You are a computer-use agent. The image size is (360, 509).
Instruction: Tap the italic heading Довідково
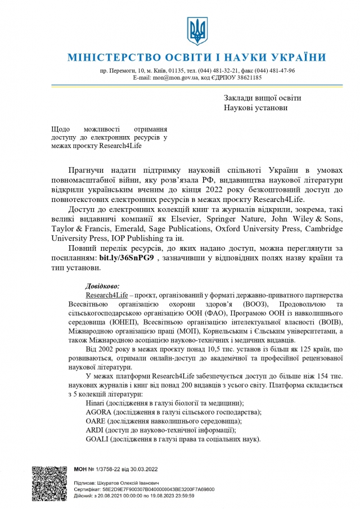(102, 286)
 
